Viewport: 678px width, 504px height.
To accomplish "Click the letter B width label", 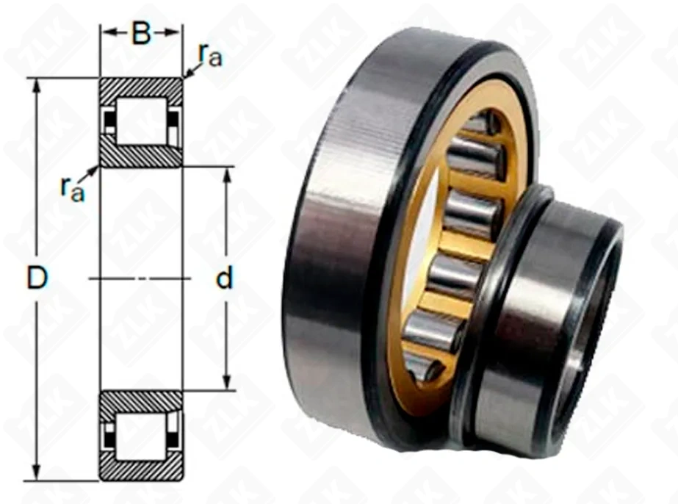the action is click(141, 33).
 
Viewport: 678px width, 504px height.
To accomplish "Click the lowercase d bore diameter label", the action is click(225, 278).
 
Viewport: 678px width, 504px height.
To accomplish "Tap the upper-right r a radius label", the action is click(210, 55).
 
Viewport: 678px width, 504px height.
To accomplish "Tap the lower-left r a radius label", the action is click(73, 190).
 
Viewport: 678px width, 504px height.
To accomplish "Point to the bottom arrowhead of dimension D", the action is click(37, 473).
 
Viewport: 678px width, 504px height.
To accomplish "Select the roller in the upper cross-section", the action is click(141, 121).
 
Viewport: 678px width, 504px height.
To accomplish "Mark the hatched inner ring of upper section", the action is click(141, 156).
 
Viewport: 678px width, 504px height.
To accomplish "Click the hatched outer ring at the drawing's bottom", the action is click(141, 469).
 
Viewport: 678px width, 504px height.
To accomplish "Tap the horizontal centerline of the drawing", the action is click(140, 278).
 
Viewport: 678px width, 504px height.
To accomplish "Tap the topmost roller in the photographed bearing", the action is click(484, 123).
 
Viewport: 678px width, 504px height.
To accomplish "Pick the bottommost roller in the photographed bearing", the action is click(424, 369).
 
